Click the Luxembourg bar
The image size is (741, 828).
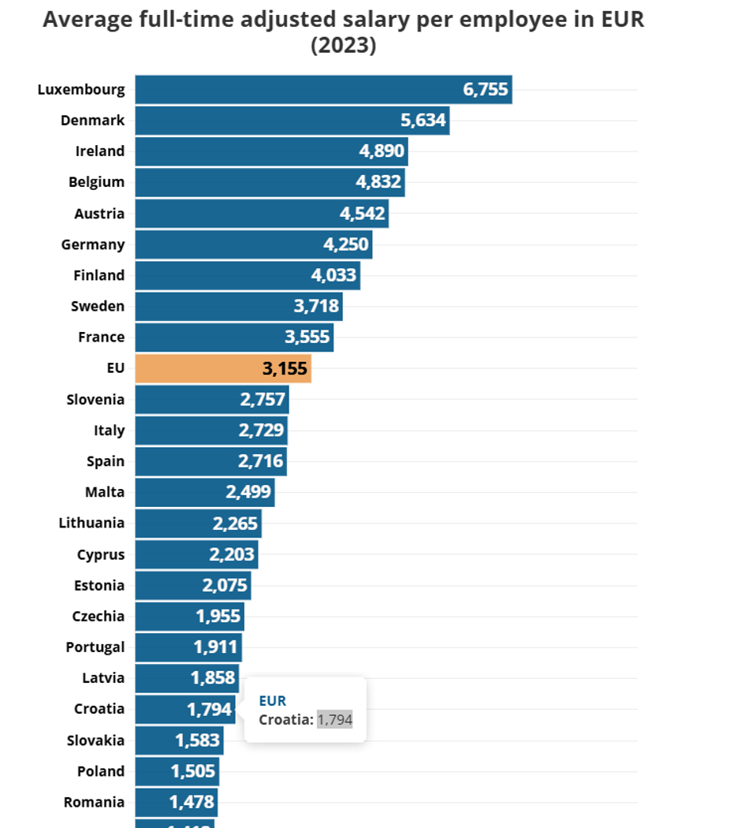point(323,89)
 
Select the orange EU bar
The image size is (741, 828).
point(223,368)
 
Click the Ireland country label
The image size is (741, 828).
point(100,151)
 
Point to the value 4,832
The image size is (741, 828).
point(379,181)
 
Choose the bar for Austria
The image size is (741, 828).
point(261,213)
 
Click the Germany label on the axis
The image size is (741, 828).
point(93,244)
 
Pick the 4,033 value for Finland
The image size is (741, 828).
point(334,275)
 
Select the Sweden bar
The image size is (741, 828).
point(238,306)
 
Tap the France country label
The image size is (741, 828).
point(101,337)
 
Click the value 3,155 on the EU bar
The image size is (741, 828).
point(285,368)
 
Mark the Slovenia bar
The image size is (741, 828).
point(211,399)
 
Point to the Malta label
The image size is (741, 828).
point(105,492)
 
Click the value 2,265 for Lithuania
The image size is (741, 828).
point(236,523)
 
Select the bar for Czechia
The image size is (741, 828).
point(189,616)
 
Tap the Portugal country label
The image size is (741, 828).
point(95,647)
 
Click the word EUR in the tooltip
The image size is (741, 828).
point(273,700)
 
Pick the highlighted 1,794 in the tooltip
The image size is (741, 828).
point(335,719)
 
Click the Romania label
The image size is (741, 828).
point(94,802)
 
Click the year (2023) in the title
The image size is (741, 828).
point(344,46)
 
